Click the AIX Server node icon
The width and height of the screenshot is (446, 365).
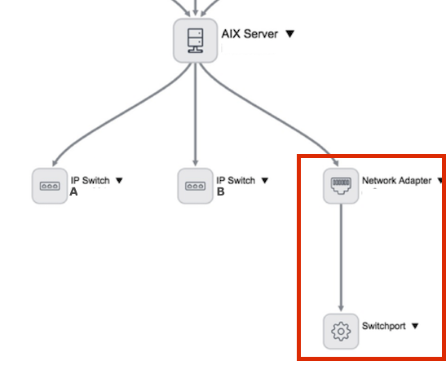196,41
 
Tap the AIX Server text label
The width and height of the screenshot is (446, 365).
249,34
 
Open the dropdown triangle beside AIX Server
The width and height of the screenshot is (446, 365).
289,34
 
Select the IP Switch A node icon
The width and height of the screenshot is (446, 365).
50,186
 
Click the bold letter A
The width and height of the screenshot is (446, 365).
73,192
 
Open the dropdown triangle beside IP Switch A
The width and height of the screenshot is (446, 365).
119,181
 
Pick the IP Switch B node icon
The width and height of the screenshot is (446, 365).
196,186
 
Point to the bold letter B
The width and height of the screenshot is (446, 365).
220,192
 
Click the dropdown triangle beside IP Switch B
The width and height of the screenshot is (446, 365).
265,181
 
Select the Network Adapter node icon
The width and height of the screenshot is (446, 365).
341,186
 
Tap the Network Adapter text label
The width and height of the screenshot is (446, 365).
396,181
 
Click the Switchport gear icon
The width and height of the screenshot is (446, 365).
341,332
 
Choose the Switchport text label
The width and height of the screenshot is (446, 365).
384,326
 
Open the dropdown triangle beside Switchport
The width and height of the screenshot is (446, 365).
415,326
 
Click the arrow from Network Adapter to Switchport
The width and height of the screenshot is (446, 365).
341,257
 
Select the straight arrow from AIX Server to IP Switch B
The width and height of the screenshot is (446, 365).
196,114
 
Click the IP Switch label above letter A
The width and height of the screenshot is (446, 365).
91,181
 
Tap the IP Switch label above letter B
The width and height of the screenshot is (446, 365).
236,181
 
